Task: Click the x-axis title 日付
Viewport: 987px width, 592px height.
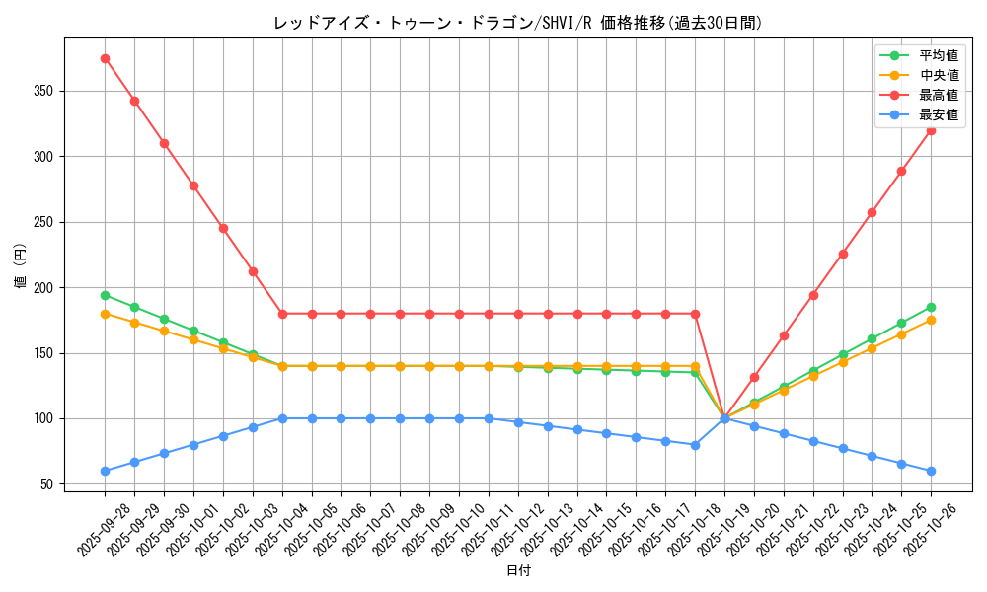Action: [518, 571]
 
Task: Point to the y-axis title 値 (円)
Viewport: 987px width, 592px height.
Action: [21, 265]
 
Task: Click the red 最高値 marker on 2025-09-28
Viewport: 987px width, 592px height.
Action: [105, 58]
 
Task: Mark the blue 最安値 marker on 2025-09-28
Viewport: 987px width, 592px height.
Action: [105, 471]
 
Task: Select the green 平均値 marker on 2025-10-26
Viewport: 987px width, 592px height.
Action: [931, 307]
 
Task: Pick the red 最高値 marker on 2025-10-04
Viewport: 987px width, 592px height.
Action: [282, 314]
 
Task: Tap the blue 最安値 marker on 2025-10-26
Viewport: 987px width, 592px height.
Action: [931, 471]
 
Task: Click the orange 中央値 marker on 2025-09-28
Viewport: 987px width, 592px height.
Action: [105, 314]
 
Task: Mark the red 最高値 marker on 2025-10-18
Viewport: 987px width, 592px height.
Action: [695, 314]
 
